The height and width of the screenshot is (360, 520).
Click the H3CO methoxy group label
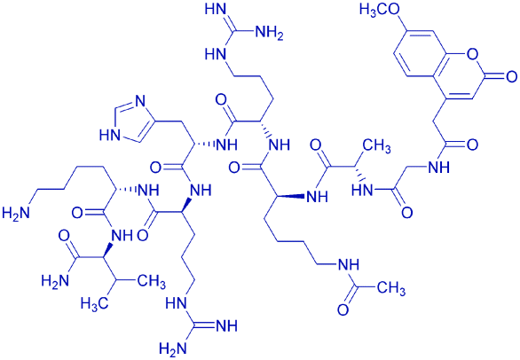pos(380,10)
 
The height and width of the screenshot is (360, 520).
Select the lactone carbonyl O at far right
pos(511,77)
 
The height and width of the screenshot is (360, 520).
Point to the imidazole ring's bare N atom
pos(140,101)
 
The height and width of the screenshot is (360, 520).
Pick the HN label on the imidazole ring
pos(110,136)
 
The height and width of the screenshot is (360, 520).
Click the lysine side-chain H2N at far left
pos(16,213)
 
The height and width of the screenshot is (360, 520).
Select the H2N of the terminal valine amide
pos(55,280)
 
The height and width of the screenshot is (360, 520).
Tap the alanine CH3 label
pos(375,145)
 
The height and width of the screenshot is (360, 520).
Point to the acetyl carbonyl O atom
pos(343,310)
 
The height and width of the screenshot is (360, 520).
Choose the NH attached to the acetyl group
pos(348,264)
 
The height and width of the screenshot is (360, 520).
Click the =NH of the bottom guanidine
pos(227,325)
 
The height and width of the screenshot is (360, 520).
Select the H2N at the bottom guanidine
pos(173,348)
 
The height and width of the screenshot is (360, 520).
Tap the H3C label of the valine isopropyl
pos(95,303)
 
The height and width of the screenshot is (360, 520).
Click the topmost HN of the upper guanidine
pos(217,9)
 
